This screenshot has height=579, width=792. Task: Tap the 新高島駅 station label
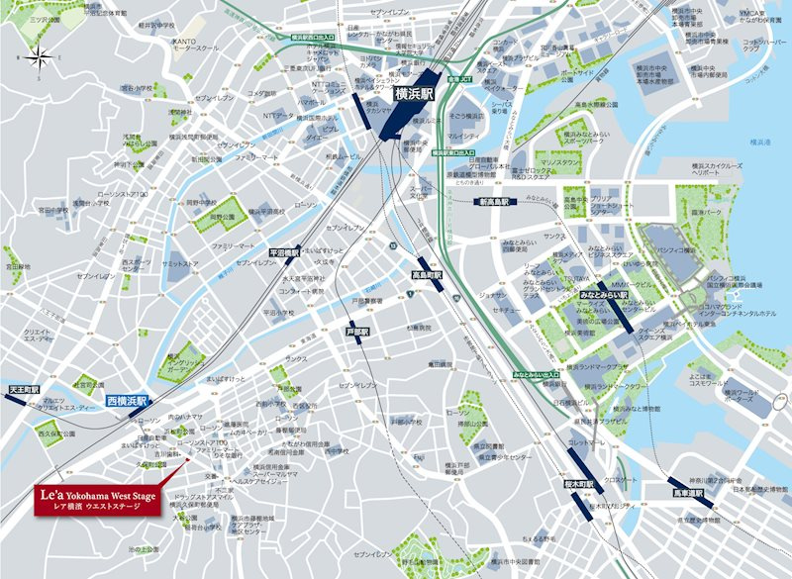491,201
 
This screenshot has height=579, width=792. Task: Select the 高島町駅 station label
429,276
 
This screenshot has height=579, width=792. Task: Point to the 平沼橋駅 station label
284,252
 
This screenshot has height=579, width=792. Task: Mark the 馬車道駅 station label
687,490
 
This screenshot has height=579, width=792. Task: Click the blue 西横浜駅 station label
127,401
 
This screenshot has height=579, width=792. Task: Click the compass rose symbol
41,55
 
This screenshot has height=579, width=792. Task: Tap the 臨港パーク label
710,212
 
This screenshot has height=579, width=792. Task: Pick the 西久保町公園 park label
57,433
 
